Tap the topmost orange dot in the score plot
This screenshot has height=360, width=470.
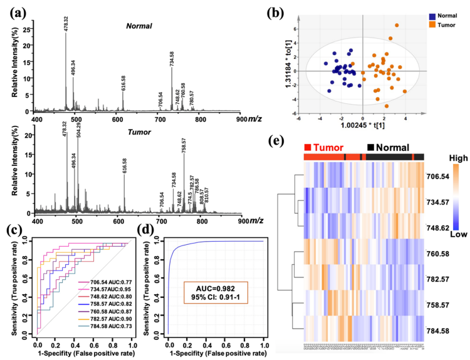[397, 26]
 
